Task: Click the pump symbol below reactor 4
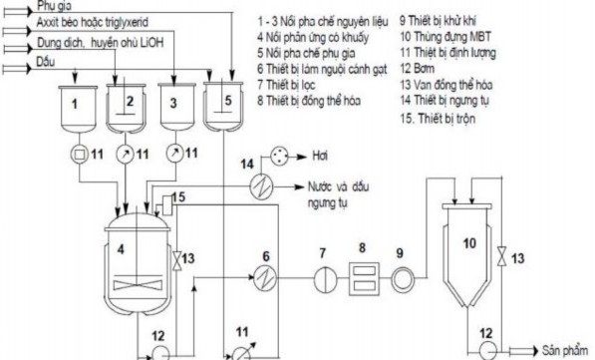point(159,351)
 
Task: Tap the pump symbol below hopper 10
point(489,350)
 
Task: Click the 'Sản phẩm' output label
point(563,351)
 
